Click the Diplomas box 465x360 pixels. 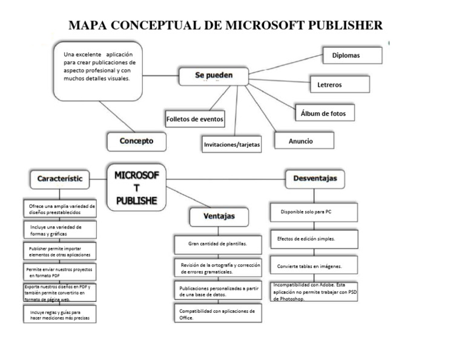(x=352, y=55)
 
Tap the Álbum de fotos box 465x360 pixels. (x=324, y=113)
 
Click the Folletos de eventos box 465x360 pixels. (x=195, y=119)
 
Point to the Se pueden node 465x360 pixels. (x=213, y=76)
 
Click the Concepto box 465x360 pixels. (x=137, y=141)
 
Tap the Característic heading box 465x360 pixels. (x=59, y=179)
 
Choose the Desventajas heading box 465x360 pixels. (x=315, y=178)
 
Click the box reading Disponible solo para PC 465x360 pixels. (x=313, y=212)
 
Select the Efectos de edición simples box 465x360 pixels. (x=313, y=239)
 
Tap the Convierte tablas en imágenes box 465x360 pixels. (x=313, y=265)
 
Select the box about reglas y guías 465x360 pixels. (x=60, y=314)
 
